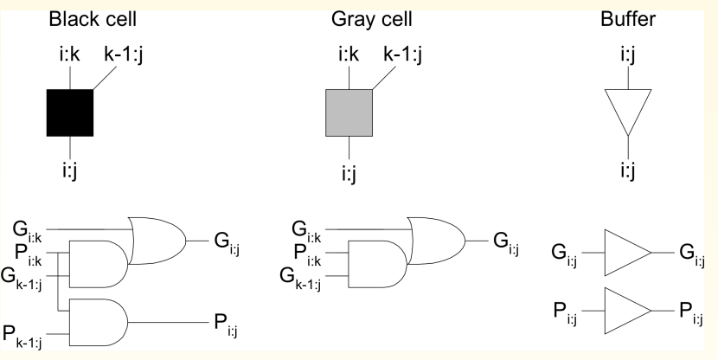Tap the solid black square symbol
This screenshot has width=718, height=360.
pyautogui.click(x=69, y=112)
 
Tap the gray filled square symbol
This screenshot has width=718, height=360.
pyautogui.click(x=349, y=112)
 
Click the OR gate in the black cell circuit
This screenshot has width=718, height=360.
pyautogui.click(x=157, y=236)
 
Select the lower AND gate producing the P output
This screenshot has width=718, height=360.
pyautogui.click(x=98, y=321)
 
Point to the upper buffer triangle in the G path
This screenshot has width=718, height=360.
pyautogui.click(x=625, y=253)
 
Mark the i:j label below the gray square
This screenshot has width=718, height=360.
pyautogui.click(x=349, y=174)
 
